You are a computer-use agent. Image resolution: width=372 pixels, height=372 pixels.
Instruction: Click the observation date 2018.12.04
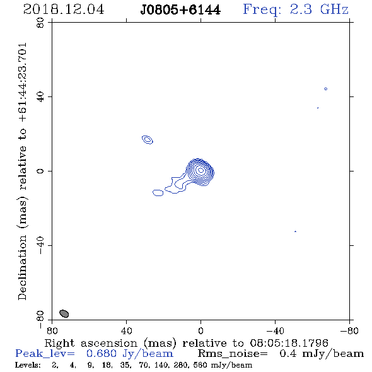pyautogui.click(x=64, y=9)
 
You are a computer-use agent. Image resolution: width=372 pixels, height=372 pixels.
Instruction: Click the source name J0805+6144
pyautogui.click(x=180, y=10)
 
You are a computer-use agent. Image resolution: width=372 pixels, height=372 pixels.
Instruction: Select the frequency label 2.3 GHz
pyautogui.click(x=319, y=9)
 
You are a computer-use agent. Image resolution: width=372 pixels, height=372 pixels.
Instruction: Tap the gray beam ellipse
pyautogui.click(x=64, y=313)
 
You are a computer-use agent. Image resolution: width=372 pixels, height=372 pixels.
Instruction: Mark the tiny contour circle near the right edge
pyautogui.click(x=326, y=88)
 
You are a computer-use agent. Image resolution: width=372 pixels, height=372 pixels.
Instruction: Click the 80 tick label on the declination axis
pyautogui.click(x=40, y=23)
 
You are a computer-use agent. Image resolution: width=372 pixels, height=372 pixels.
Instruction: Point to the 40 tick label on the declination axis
pyautogui.click(x=40, y=97)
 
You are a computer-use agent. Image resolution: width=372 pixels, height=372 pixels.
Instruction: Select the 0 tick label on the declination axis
pyautogui.click(x=40, y=171)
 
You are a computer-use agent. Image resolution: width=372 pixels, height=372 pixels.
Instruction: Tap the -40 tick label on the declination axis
pyautogui.click(x=40, y=245)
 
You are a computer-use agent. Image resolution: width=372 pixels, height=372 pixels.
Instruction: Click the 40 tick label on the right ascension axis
pyautogui.click(x=127, y=331)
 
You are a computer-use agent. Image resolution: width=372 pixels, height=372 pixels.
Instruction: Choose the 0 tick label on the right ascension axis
pyautogui.click(x=201, y=331)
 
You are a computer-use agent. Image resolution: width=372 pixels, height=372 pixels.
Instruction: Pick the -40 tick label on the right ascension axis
pyautogui.click(x=276, y=331)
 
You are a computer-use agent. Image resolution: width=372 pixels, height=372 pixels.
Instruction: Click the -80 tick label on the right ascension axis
pyautogui.click(x=349, y=331)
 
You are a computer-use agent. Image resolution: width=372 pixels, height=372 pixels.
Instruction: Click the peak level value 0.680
pyautogui.click(x=101, y=354)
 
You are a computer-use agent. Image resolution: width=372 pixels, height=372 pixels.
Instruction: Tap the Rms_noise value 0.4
pyautogui.click(x=288, y=354)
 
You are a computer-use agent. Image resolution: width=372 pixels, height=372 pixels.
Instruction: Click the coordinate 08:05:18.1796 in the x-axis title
pyautogui.click(x=289, y=343)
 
